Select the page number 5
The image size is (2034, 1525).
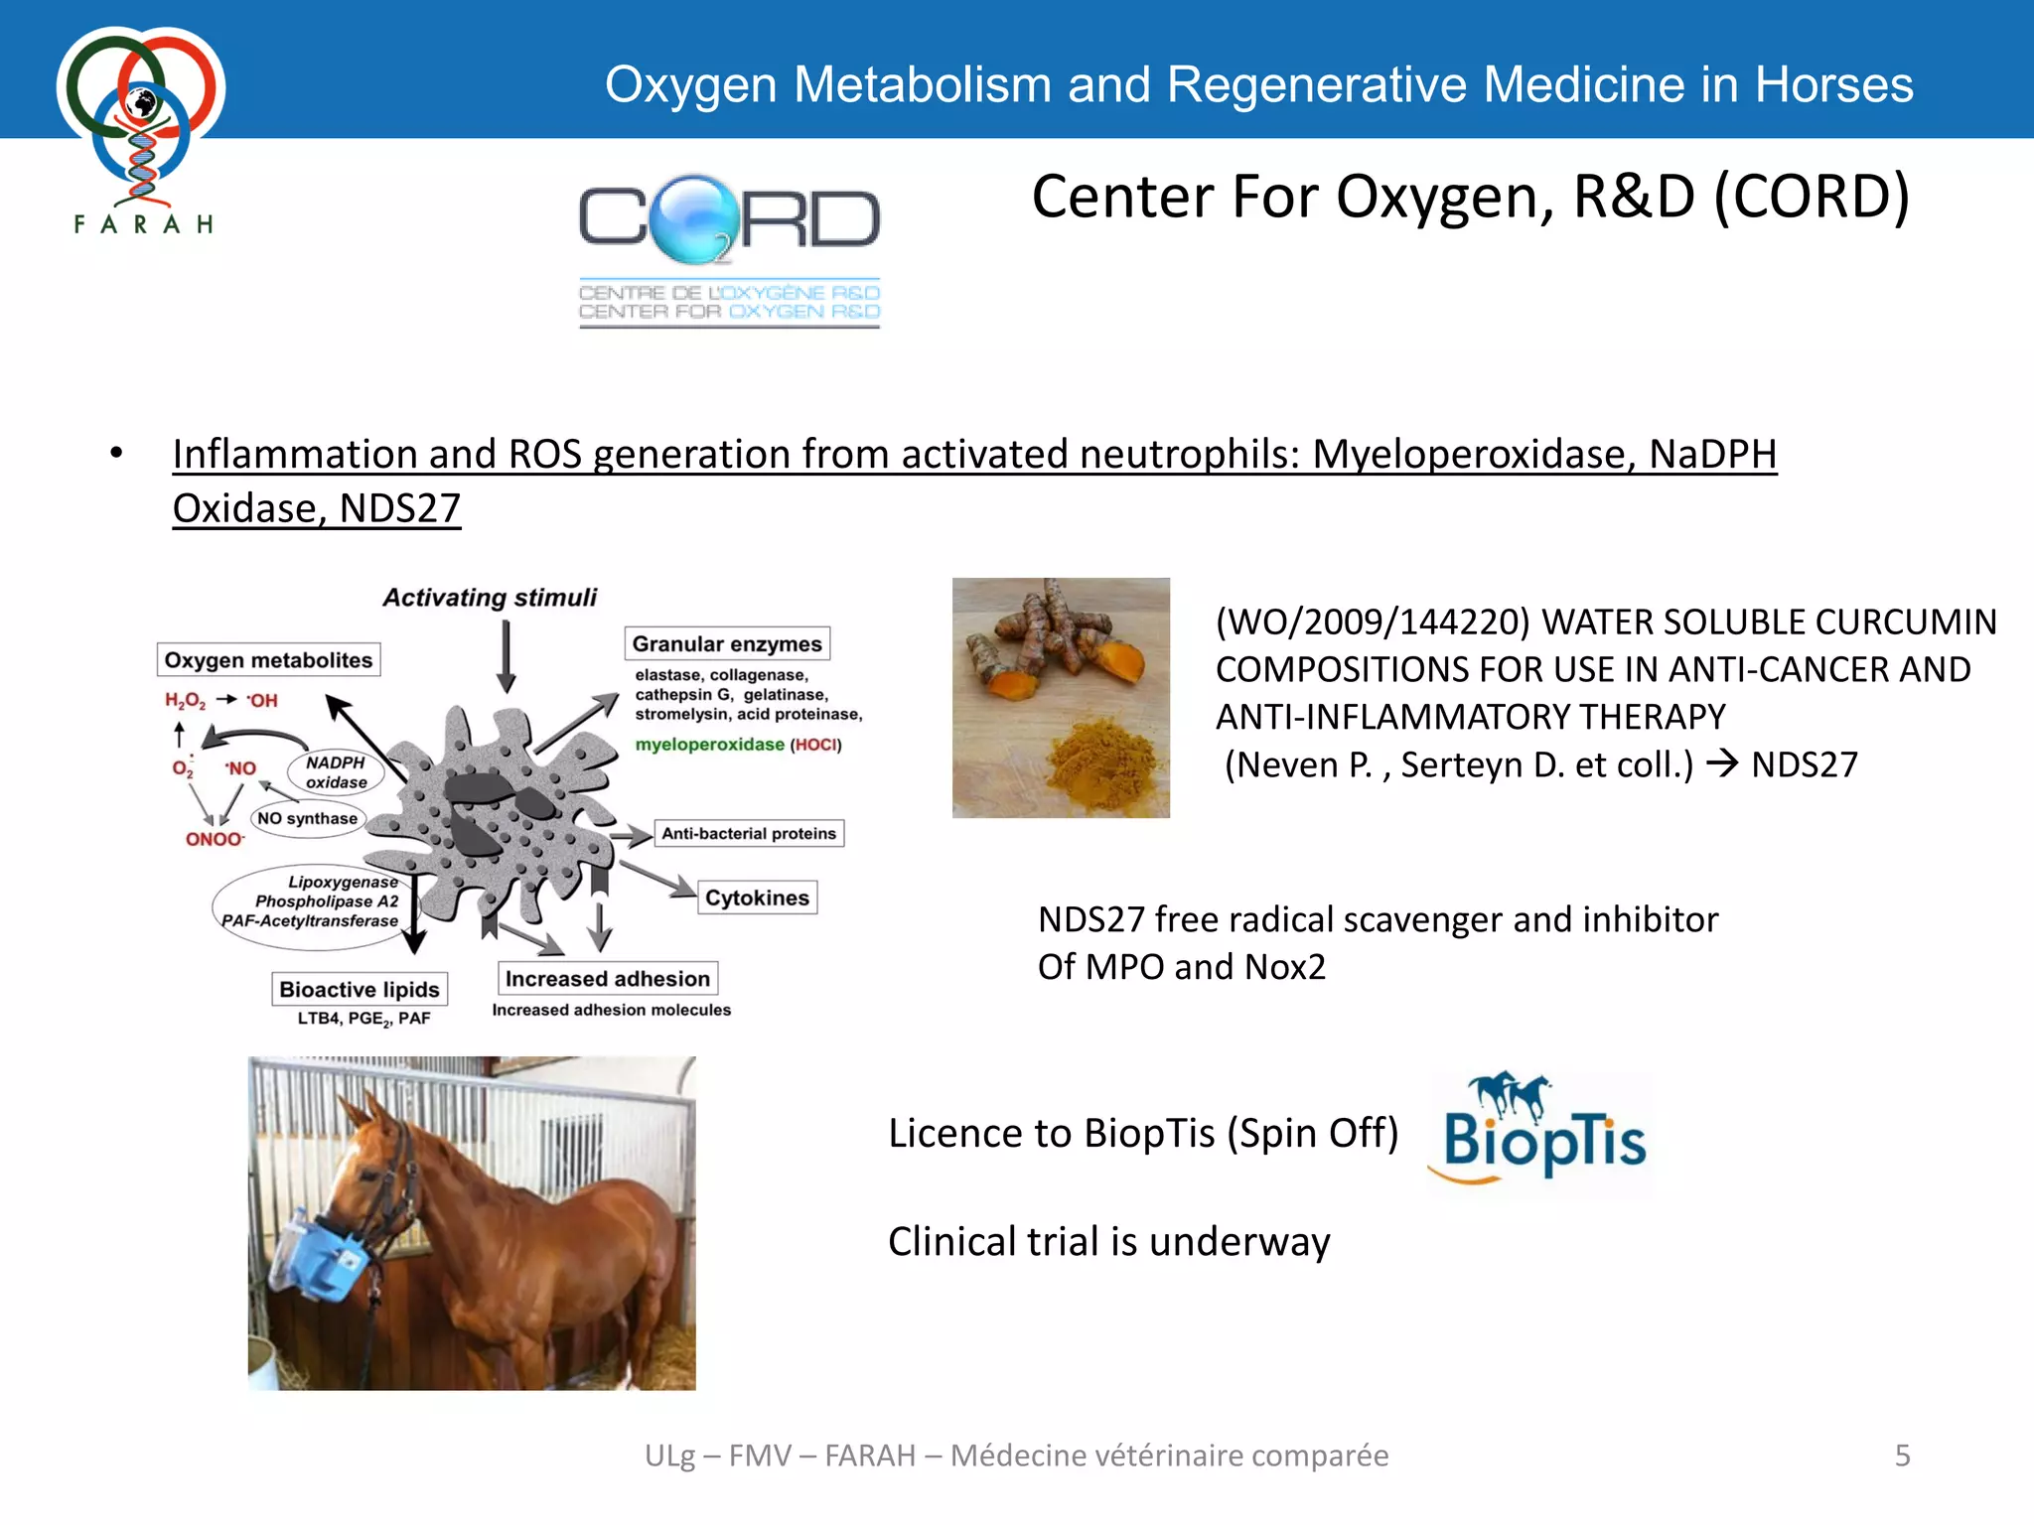click(x=1902, y=1456)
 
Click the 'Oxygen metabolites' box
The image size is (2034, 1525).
click(x=268, y=660)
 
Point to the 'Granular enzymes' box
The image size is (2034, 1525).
click(x=727, y=644)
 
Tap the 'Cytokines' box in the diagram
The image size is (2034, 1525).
click(x=757, y=898)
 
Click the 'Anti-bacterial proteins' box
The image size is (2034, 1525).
click(x=749, y=833)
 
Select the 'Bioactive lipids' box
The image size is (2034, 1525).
click(x=359, y=989)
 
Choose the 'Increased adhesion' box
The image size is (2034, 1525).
click(x=607, y=979)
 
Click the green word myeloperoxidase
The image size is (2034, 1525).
click(x=709, y=745)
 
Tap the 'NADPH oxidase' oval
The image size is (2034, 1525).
click(x=336, y=772)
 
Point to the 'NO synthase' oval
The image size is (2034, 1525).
click(x=307, y=818)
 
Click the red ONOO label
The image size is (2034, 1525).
click(x=214, y=840)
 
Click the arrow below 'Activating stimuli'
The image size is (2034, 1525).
click(x=507, y=655)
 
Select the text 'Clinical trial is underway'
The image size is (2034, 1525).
click(x=1108, y=1242)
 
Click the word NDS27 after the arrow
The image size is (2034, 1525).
click(x=1804, y=764)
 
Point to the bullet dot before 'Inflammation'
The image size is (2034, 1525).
click(x=116, y=453)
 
